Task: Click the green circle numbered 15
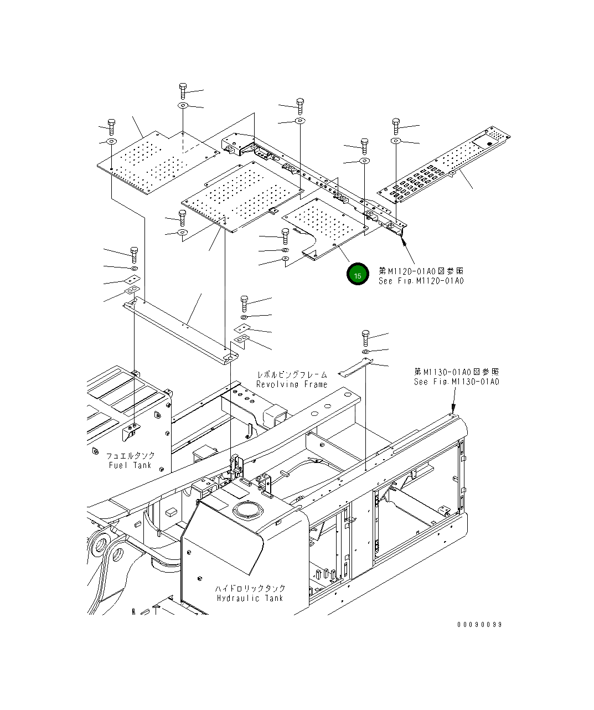pos(358,275)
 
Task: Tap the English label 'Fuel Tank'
pos(130,465)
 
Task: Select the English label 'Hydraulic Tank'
pos(250,598)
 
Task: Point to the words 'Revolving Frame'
pos(292,384)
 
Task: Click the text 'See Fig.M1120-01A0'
pos(421,281)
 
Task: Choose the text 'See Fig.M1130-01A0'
pos(457,382)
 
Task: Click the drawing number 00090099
pos(479,625)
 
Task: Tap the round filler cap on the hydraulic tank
pos(247,509)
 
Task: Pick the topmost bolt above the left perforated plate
pos(183,90)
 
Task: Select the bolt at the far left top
pos(111,127)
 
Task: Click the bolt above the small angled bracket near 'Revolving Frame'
pos(365,337)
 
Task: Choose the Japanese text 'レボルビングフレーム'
pos(292,375)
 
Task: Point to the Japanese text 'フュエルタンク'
pos(131,455)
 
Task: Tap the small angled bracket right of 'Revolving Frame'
pos(354,367)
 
